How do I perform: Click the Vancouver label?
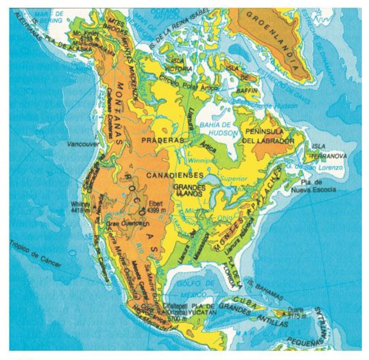pos(84,144)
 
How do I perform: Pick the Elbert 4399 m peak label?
pos(157,207)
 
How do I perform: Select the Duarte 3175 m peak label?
pos(296,313)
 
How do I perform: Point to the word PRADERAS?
pos(163,140)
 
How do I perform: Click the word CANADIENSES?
pos(174,175)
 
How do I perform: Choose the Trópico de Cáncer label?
pos(35,254)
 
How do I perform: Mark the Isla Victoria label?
pos(179,65)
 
